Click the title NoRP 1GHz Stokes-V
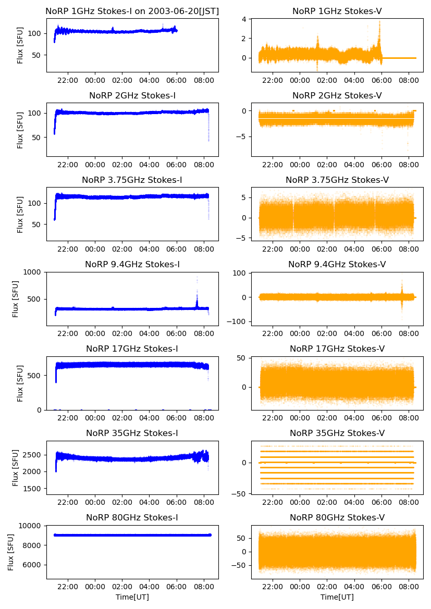337,11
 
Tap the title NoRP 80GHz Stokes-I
132,517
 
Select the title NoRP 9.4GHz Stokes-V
337,264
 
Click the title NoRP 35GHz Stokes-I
132,433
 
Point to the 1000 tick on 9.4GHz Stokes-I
33,272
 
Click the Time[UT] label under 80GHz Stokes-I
132,597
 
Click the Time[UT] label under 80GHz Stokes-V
337,597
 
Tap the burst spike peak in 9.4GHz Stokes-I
197,277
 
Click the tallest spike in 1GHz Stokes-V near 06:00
379,21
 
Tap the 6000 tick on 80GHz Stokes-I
33,565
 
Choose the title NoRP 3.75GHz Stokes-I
132,180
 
